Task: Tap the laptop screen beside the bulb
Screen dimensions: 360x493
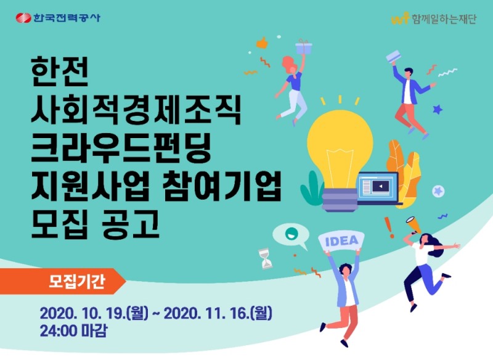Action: [379, 186]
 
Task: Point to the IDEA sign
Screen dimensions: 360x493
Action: [340, 240]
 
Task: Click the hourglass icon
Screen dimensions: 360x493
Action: [266, 258]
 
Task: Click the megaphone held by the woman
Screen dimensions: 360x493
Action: [412, 222]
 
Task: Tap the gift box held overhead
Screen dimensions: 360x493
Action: [303, 47]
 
